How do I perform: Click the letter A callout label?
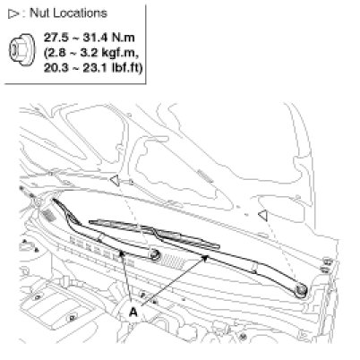click(133, 313)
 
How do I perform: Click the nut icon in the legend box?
click(21, 51)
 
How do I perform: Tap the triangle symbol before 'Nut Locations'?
click(13, 14)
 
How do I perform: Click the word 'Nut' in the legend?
click(40, 13)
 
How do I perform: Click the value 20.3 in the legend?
click(56, 68)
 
